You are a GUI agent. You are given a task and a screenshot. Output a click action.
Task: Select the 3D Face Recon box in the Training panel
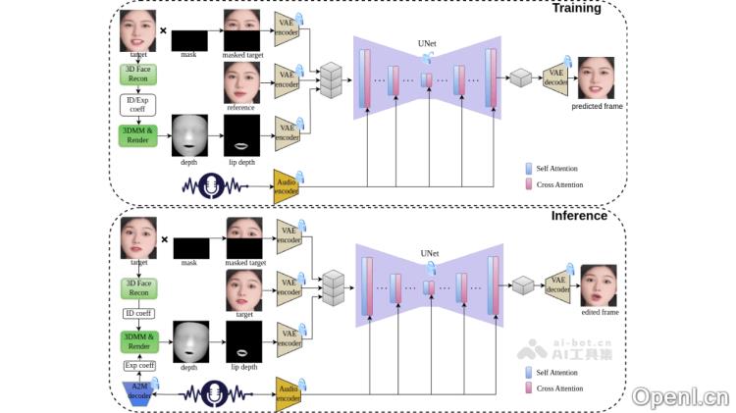coord(137,75)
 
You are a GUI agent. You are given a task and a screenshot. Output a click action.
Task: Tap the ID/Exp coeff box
coord(137,103)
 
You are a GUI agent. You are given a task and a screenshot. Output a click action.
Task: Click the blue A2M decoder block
coord(138,392)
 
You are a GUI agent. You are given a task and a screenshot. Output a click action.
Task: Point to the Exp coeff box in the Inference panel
coord(138,367)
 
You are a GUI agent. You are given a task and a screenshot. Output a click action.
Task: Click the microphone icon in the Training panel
coord(210,184)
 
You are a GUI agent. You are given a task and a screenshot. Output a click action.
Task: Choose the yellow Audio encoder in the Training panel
coord(286,185)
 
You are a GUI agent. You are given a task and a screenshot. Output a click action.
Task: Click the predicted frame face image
coord(597,77)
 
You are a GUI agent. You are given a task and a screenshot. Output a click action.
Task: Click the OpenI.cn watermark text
coord(680,396)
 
